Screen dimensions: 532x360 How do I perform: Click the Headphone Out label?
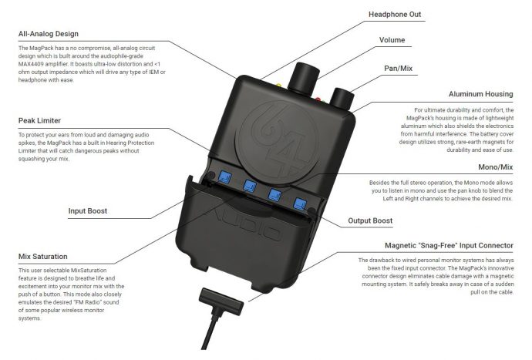pyautogui.click(x=395, y=14)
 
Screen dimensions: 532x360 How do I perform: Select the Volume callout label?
pyautogui.click(x=392, y=39)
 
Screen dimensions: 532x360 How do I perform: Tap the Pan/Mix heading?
pyautogui.click(x=399, y=68)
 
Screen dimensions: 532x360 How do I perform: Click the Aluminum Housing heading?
pyautogui.click(x=481, y=94)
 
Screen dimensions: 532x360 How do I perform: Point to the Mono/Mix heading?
pyautogui.click(x=495, y=167)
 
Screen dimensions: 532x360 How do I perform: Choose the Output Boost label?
pyautogui.click(x=370, y=220)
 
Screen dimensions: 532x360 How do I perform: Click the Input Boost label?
pyautogui.click(x=88, y=210)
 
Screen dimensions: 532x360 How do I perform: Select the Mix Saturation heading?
pyautogui.click(x=42, y=257)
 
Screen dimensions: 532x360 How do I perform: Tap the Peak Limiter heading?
pyautogui.click(x=39, y=120)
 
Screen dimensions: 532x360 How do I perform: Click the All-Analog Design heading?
pyautogui.click(x=48, y=34)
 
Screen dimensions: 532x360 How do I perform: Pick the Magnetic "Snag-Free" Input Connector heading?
pyautogui.click(x=449, y=245)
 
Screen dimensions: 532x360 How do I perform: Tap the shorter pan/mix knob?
pyautogui.click(x=342, y=98)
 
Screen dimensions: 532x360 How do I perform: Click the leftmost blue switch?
pyautogui.click(x=225, y=177)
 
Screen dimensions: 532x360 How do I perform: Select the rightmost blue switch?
pyautogui.click(x=300, y=204)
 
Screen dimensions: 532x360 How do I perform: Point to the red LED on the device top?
pyautogui.click(x=318, y=99)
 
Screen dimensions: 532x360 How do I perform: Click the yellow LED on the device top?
pyautogui.click(x=278, y=85)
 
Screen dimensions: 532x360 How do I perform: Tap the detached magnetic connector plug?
pyautogui.click(x=221, y=301)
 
